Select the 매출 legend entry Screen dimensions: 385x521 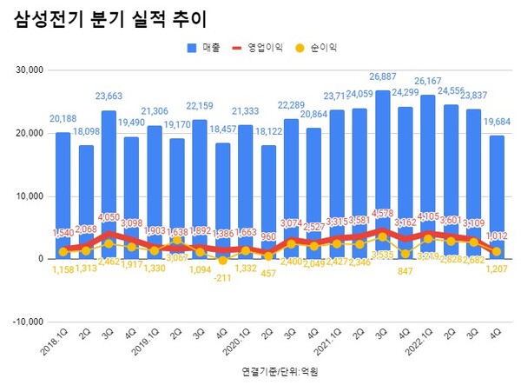pyautogui.click(x=205, y=47)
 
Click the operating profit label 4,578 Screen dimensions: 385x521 pyautogui.click(x=383, y=213)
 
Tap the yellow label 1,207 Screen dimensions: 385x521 pyautogui.click(x=497, y=270)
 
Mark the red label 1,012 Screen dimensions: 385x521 pyautogui.click(x=497, y=235)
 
